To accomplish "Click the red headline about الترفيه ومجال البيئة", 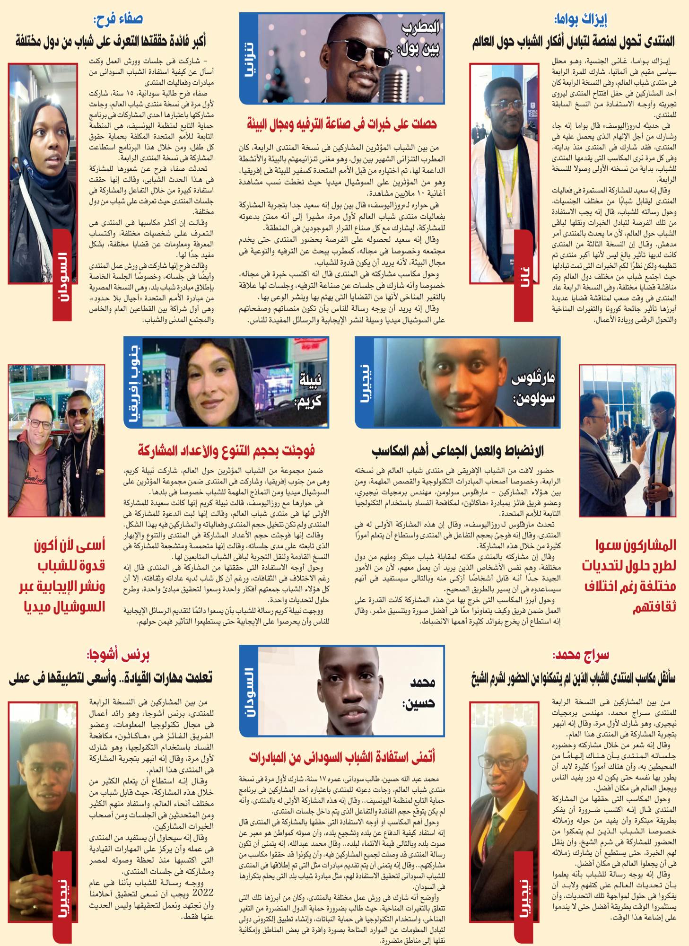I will (x=341, y=125).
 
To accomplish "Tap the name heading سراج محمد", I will (x=580, y=656).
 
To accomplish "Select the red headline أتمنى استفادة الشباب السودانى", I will (x=342, y=757).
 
